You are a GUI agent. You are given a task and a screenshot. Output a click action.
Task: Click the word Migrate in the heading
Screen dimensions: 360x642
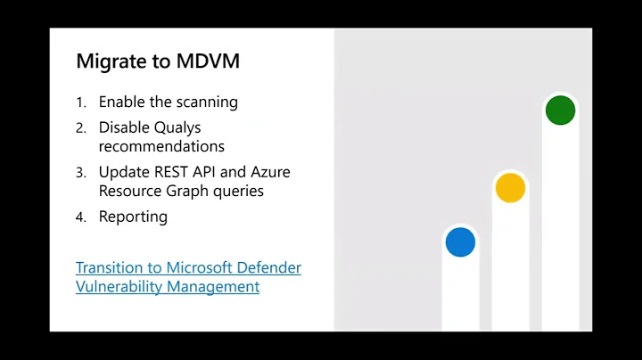pyautogui.click(x=106, y=61)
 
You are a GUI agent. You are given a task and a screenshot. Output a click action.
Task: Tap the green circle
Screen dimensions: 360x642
pyautogui.click(x=560, y=110)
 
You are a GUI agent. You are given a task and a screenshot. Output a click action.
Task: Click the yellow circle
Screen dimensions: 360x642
pyautogui.click(x=510, y=187)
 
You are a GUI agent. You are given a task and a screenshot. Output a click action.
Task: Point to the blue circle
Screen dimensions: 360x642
pyautogui.click(x=460, y=241)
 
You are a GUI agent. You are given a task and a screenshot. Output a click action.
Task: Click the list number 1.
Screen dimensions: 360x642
pyautogui.click(x=80, y=102)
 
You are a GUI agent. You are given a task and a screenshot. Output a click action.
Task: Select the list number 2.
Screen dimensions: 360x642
pyautogui.click(x=80, y=127)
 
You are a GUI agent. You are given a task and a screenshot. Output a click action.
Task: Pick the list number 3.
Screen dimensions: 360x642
pyautogui.click(x=80, y=172)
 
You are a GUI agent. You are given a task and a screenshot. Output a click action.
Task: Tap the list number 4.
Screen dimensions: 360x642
pyautogui.click(x=80, y=217)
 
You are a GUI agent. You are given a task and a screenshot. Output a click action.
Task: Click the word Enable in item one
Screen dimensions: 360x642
pyautogui.click(x=123, y=102)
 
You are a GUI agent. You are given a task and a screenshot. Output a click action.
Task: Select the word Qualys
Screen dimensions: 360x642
pyautogui.click(x=176, y=127)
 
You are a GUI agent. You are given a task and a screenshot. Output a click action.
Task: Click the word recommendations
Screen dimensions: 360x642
pyautogui.click(x=161, y=146)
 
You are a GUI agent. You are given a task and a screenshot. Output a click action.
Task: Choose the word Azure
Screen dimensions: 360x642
pyautogui.click(x=270, y=172)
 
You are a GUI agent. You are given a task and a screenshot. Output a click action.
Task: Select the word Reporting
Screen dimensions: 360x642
pyautogui.click(x=133, y=217)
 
